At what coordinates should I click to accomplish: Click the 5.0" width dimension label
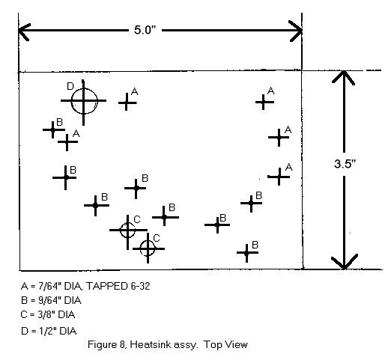click(145, 30)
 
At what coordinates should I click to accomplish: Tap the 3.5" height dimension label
click(345, 164)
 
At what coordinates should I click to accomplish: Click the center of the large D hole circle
click(84, 101)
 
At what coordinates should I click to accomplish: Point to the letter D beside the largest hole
click(70, 86)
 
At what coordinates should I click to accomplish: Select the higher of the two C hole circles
click(127, 230)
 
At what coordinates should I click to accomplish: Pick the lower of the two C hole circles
click(148, 248)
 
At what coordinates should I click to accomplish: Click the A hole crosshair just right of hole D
click(127, 103)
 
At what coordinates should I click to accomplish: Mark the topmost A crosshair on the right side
click(264, 102)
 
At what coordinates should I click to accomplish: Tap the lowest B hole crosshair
click(246, 253)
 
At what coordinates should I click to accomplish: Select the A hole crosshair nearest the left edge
click(67, 142)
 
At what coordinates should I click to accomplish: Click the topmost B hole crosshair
click(52, 129)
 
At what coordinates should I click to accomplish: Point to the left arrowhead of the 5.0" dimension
click(25, 31)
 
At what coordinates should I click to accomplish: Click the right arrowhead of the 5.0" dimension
click(296, 31)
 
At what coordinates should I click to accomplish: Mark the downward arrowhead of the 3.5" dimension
click(345, 262)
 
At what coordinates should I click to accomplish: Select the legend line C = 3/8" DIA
click(48, 314)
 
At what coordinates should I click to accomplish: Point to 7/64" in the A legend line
click(49, 286)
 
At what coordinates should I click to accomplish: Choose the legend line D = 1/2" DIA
click(49, 331)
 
